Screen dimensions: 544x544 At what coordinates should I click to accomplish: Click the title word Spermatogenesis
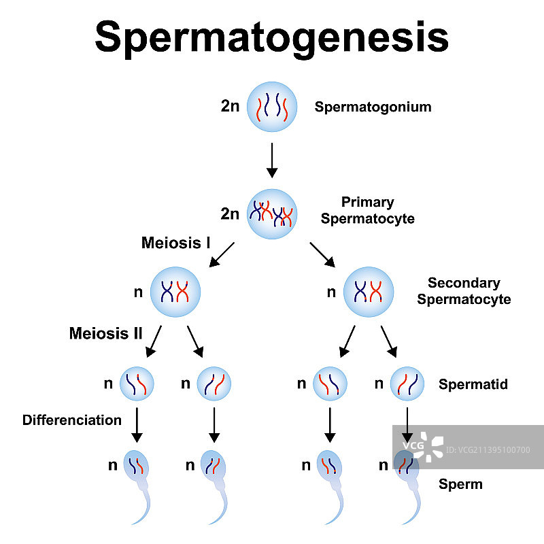click(x=271, y=37)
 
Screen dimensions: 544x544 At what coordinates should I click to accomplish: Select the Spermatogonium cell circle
click(x=272, y=107)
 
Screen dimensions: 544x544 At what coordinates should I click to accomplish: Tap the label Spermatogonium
click(x=373, y=107)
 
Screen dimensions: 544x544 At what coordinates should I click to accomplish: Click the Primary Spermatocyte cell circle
click(x=272, y=214)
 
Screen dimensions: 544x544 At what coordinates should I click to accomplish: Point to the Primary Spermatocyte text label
click(x=367, y=210)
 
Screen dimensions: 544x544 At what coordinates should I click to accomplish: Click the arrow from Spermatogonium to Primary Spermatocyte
click(x=272, y=159)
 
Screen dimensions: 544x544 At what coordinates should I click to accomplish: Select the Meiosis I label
click(x=175, y=242)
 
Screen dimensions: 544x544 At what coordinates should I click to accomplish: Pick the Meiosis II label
click(x=105, y=333)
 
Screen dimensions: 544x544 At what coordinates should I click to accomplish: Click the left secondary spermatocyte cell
click(x=175, y=292)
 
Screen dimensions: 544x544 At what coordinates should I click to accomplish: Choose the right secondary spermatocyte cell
click(x=369, y=292)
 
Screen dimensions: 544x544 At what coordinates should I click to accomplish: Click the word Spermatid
click(x=473, y=384)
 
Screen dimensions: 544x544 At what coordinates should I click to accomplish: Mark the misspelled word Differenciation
click(x=72, y=420)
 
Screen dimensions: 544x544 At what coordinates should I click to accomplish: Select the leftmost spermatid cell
click(x=137, y=384)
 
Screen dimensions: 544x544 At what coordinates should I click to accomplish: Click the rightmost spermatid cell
click(x=407, y=384)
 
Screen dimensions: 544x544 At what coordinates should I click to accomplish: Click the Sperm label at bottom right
click(x=460, y=484)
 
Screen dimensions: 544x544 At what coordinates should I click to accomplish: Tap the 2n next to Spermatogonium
click(x=230, y=107)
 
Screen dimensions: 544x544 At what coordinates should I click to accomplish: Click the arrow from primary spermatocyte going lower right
click(x=322, y=254)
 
